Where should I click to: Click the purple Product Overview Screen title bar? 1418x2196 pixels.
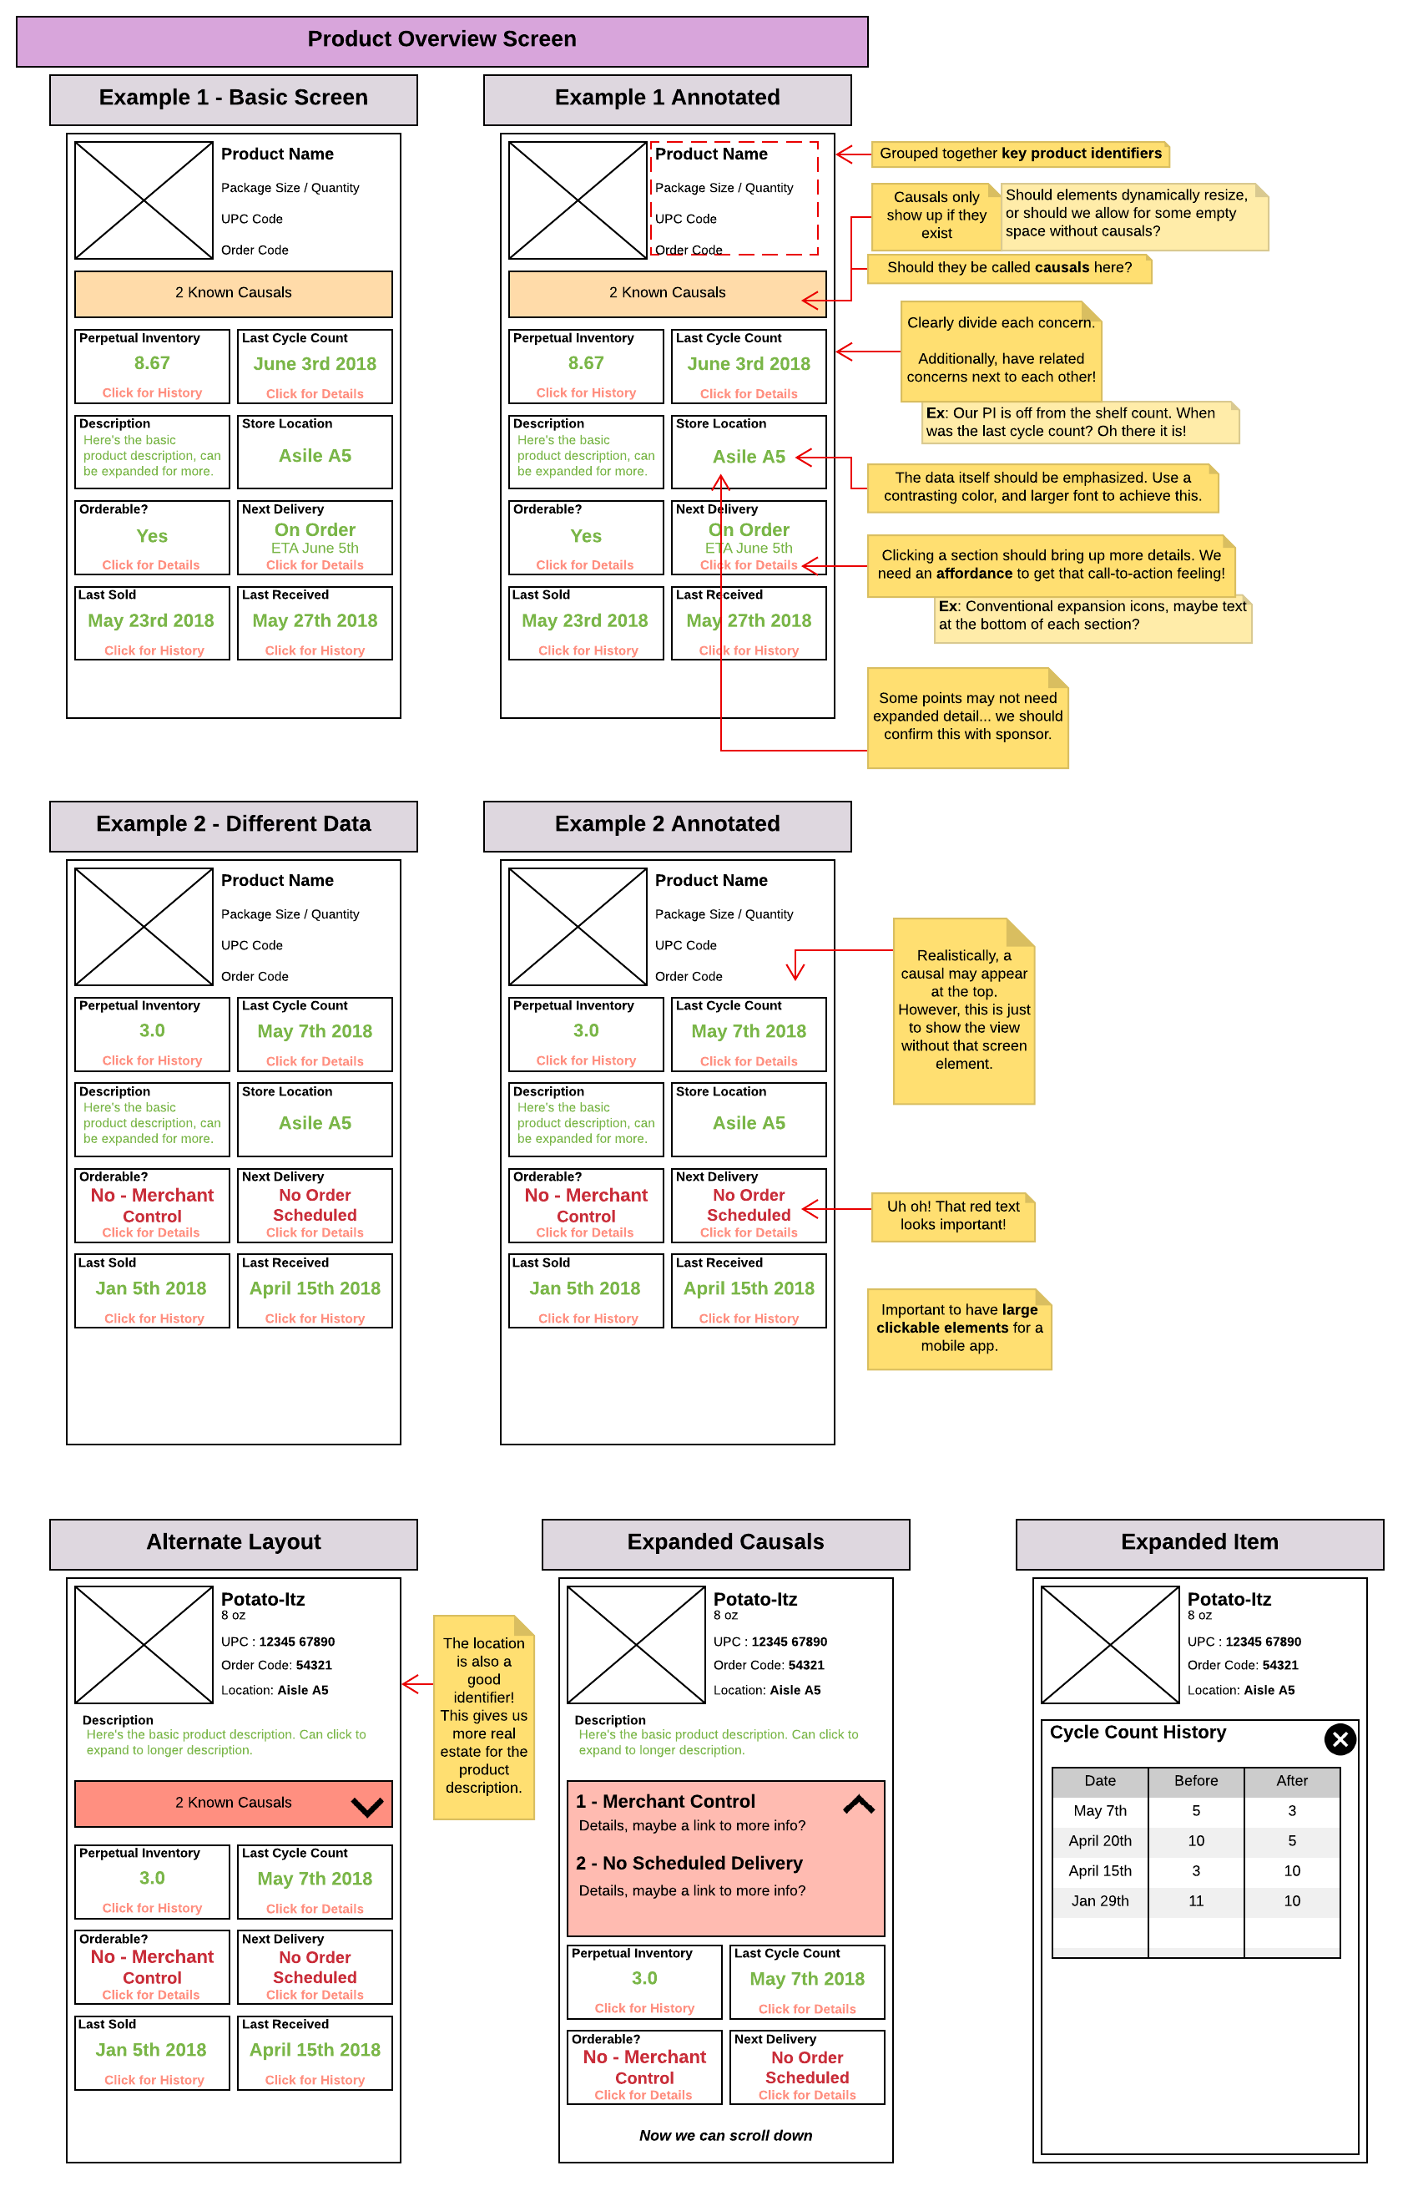[x=442, y=41]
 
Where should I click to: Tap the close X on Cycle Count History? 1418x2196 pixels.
[x=1340, y=1739]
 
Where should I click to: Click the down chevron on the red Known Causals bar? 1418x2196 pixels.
[x=367, y=1806]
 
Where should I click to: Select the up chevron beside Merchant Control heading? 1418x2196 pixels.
[x=859, y=1804]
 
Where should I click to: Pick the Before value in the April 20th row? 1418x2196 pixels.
[x=1196, y=1840]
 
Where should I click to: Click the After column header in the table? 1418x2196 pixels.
[x=1292, y=1780]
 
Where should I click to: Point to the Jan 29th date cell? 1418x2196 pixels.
[x=1099, y=1900]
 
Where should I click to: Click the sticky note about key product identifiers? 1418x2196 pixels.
[x=1020, y=154]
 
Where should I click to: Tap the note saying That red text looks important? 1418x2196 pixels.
[x=953, y=1216]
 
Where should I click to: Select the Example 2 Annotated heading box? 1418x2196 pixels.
[x=668, y=825]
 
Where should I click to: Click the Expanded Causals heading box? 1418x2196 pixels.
[x=725, y=1544]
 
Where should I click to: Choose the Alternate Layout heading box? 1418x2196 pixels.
[x=234, y=1544]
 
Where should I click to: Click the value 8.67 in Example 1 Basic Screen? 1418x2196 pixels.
[x=152, y=363]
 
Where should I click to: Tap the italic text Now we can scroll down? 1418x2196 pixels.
[x=725, y=2135]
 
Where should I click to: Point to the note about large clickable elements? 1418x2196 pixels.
[x=960, y=1328]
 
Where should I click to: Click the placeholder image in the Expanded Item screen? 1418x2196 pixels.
[x=1109, y=1644]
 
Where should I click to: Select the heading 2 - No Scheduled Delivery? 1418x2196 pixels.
[x=689, y=1863]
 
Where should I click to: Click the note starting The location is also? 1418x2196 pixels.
[x=483, y=1717]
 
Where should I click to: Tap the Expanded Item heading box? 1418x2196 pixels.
[x=1200, y=1544]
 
